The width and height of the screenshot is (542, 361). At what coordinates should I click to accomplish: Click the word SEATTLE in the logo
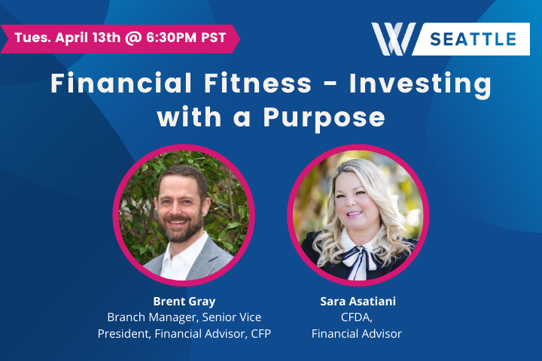click(473, 39)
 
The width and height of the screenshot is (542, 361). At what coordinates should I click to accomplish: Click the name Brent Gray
click(184, 301)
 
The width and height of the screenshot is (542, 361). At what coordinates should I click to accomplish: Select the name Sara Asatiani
click(357, 301)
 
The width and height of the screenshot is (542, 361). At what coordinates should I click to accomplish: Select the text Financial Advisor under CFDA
click(357, 333)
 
